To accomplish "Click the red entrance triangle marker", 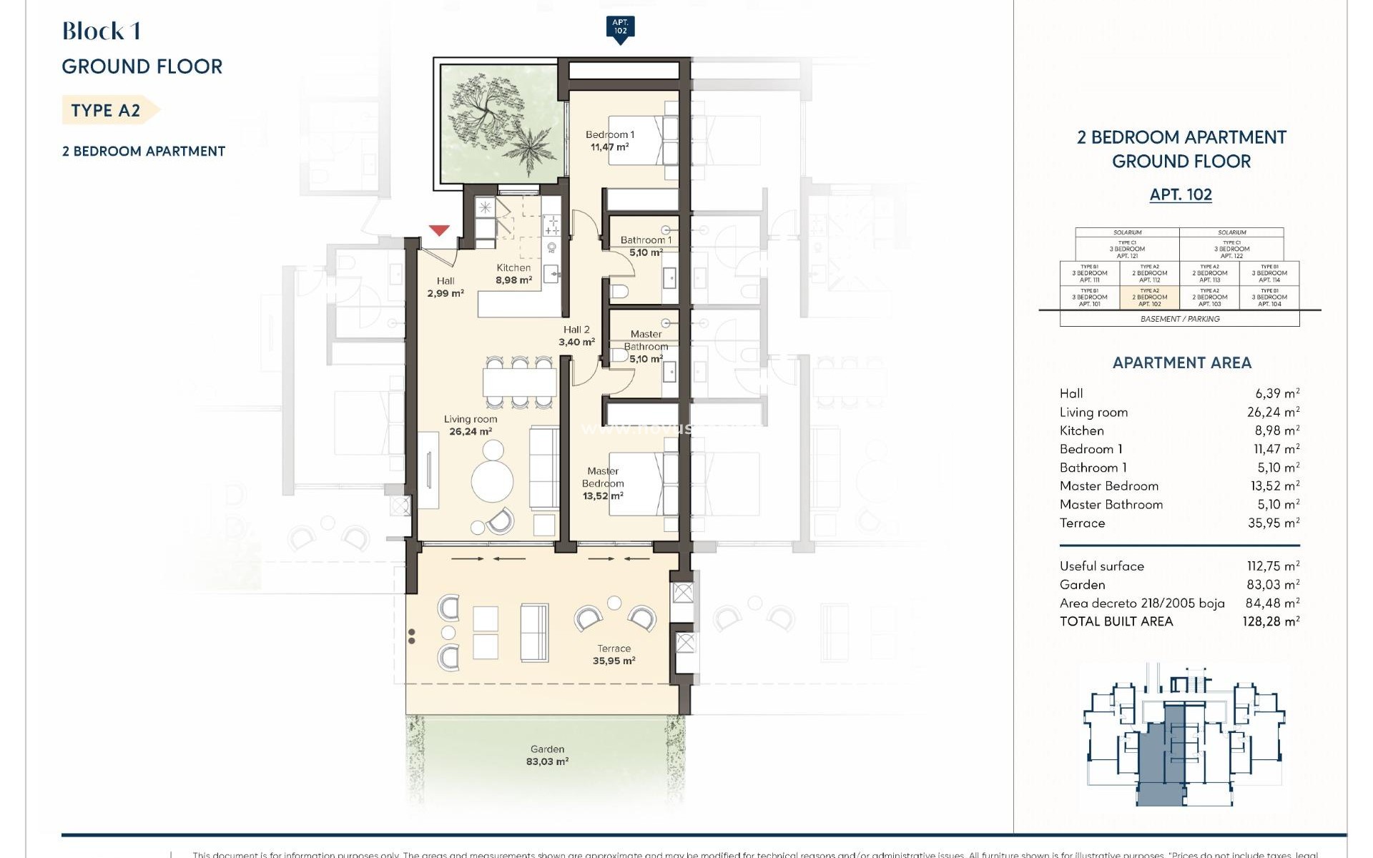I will [x=439, y=230].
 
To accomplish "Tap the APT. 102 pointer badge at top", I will [x=620, y=28].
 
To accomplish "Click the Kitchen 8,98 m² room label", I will [x=513, y=274].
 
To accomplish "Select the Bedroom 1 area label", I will [x=609, y=141].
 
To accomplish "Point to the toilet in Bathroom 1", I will [x=620, y=291].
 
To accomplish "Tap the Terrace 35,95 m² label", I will [x=614, y=655].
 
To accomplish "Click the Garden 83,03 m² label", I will [x=547, y=756].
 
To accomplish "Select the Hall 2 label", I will [x=576, y=336].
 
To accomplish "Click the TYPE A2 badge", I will [x=106, y=110].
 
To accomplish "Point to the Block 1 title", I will [x=101, y=31].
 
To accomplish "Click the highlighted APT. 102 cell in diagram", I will [x=1149, y=297].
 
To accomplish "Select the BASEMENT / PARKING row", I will [x=1179, y=319].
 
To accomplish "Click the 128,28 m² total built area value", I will [x=1270, y=622].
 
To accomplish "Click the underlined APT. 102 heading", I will [x=1181, y=194].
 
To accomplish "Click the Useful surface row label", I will [x=1101, y=566].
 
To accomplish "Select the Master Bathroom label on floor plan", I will [x=646, y=346].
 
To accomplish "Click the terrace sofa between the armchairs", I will [x=534, y=633].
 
